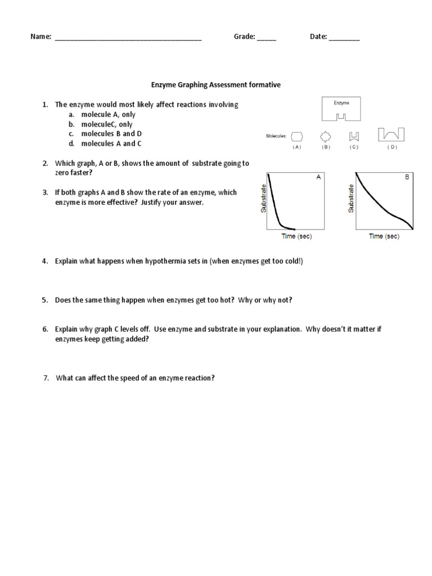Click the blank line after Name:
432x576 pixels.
click(x=128, y=38)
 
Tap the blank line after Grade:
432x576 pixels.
click(x=267, y=38)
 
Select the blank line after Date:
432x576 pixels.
click(x=344, y=38)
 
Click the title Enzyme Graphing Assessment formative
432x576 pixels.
click(x=215, y=85)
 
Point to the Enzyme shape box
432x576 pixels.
click(x=341, y=109)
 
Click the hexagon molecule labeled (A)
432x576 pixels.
click(x=297, y=136)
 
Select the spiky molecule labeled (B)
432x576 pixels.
click(x=326, y=136)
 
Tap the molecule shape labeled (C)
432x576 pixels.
click(x=354, y=136)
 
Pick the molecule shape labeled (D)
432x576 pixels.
click(x=391, y=134)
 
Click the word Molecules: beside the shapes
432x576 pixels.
click(x=276, y=136)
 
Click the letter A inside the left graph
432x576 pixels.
click(x=318, y=177)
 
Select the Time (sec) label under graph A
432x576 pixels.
click(x=296, y=236)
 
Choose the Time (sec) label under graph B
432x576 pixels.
click(x=384, y=236)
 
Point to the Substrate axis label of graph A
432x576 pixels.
click(x=263, y=199)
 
